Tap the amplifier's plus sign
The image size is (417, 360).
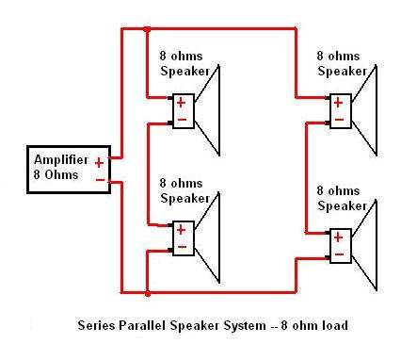click(99, 163)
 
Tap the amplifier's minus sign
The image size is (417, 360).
click(100, 180)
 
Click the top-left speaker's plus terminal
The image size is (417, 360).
click(181, 103)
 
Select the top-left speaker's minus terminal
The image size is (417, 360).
click(182, 120)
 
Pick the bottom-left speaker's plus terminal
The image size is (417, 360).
click(181, 230)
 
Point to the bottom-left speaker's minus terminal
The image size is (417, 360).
click(182, 247)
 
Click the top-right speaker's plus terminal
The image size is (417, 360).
click(338, 103)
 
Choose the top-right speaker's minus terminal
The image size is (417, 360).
click(339, 120)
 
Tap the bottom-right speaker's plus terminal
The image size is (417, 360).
click(338, 237)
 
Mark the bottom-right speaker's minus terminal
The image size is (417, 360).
click(339, 254)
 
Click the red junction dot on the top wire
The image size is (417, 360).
click(147, 29)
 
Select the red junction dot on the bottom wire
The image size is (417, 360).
click(148, 294)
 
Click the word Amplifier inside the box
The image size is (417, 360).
click(61, 160)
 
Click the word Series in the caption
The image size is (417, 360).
click(96, 325)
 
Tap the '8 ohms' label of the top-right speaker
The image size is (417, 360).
click(338, 57)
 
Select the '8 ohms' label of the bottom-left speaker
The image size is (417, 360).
click(181, 183)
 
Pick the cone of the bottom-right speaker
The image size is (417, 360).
click(364, 245)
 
